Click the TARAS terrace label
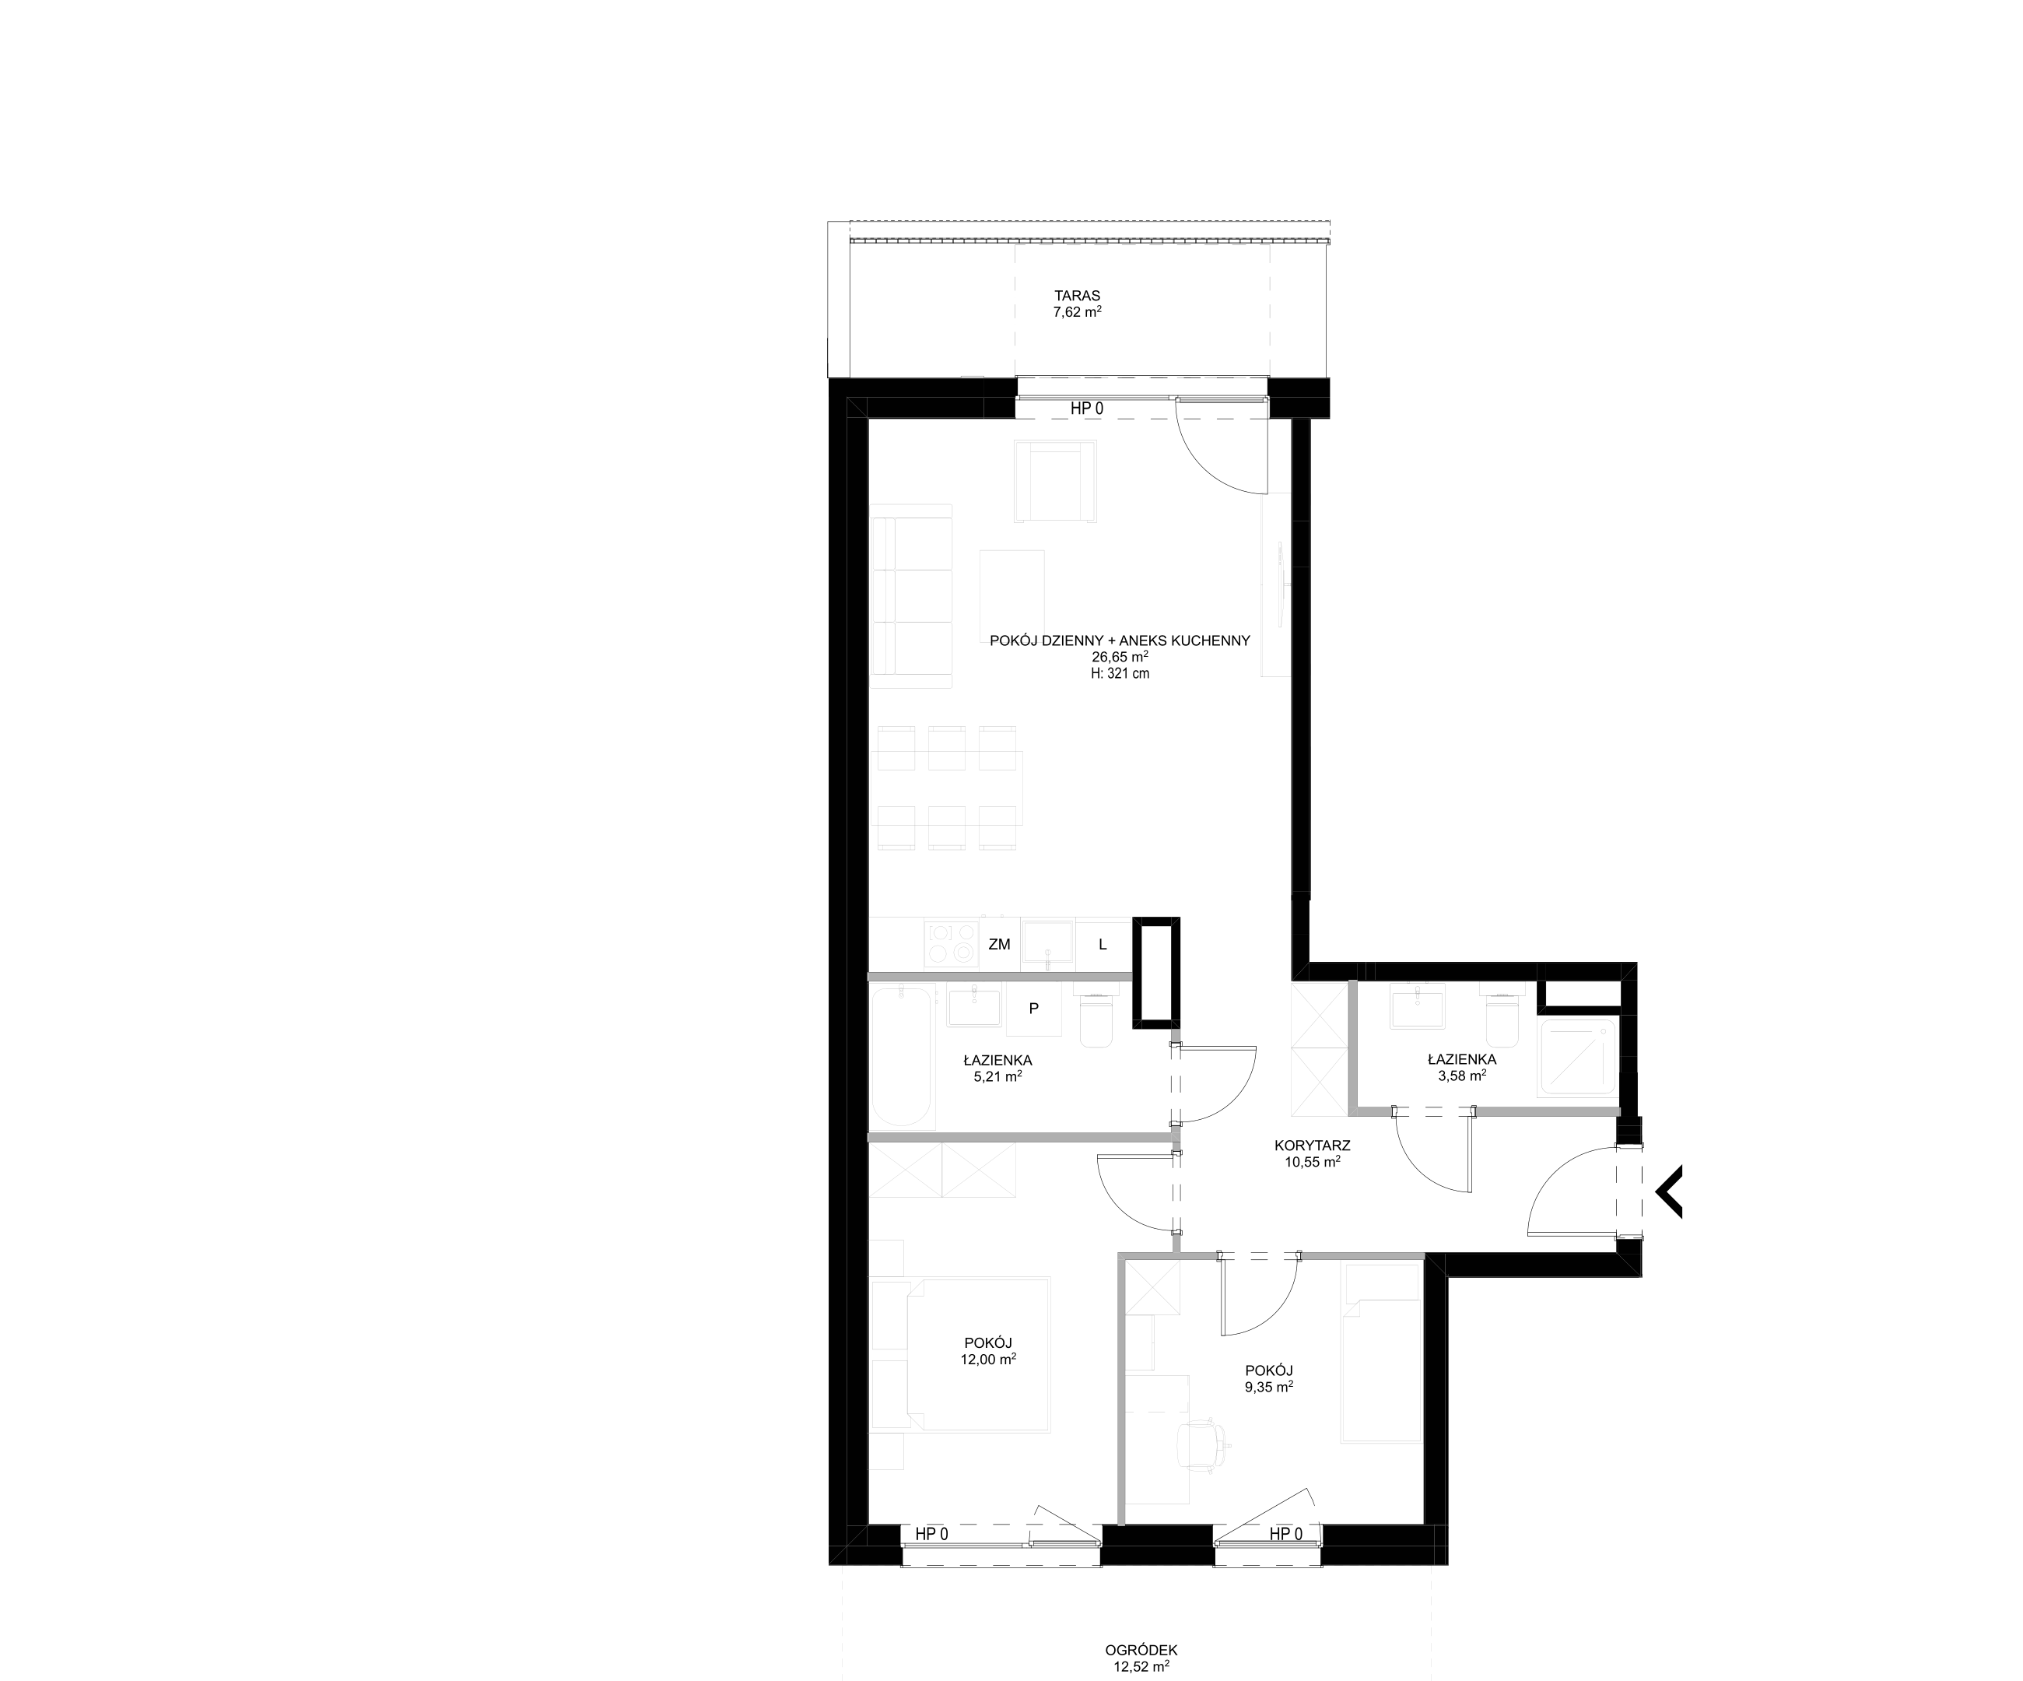[x=1077, y=296]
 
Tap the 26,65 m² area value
[x=1120, y=657]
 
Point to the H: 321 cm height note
[x=1120, y=674]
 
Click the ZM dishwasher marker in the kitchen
[x=999, y=944]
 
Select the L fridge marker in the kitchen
[x=1103, y=944]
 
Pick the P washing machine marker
[x=1033, y=1009]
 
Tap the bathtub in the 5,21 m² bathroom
[x=902, y=1057]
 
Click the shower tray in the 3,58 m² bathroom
[x=1578, y=1057]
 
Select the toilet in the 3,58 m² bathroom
[x=1501, y=1016]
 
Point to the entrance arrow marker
[x=1668, y=1192]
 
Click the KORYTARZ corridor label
[x=1312, y=1146]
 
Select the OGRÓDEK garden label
[x=1141, y=1649]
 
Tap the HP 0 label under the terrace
[x=1087, y=409]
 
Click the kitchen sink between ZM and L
[x=1048, y=944]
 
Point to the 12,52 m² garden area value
[x=1141, y=1665]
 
